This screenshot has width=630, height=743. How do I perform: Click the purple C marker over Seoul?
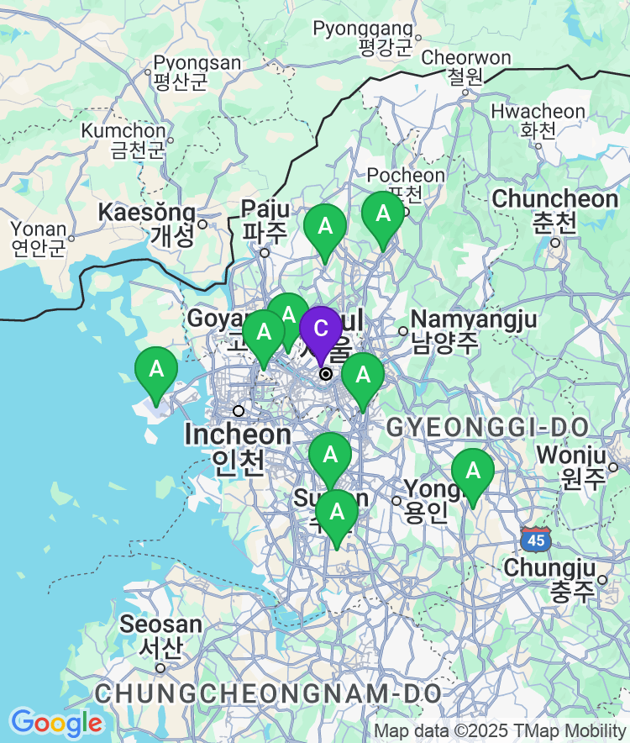[x=320, y=329]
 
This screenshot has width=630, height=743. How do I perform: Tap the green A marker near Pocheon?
[x=383, y=214]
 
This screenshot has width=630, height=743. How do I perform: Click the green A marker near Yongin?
[x=472, y=472]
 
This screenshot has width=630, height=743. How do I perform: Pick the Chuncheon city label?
[x=554, y=210]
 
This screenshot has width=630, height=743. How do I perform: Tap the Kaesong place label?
[x=148, y=223]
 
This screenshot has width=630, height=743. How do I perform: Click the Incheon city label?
[x=239, y=446]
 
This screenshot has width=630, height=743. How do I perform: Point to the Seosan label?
[x=160, y=636]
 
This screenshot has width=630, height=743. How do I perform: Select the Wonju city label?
[x=571, y=466]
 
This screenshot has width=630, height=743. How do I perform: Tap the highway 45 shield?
[x=537, y=539]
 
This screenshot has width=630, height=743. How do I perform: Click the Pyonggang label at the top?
[x=364, y=38]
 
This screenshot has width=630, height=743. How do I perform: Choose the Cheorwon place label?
[x=466, y=67]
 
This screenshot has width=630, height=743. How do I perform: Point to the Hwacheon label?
[x=538, y=121]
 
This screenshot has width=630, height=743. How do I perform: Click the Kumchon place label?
[x=124, y=140]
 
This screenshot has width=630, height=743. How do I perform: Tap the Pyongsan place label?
[x=197, y=72]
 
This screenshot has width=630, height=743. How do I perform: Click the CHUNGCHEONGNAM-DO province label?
[x=268, y=693]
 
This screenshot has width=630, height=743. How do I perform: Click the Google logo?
[x=56, y=722]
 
